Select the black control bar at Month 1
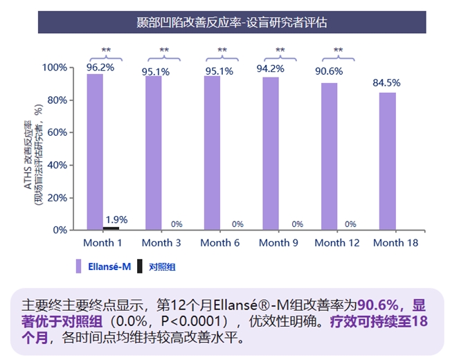click(x=111, y=227)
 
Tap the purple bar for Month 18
click(x=388, y=161)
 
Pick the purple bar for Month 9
click(x=271, y=153)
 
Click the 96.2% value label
click(x=100, y=67)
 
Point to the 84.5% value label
click(x=387, y=83)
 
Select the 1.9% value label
click(x=116, y=219)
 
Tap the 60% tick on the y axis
click(x=56, y=132)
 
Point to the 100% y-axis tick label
click(x=54, y=68)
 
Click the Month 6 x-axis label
click(x=219, y=243)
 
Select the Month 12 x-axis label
click(x=337, y=243)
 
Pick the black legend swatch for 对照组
click(x=141, y=265)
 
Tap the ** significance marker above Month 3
click(x=164, y=51)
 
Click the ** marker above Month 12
click(x=338, y=51)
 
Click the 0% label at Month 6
click(x=237, y=224)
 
